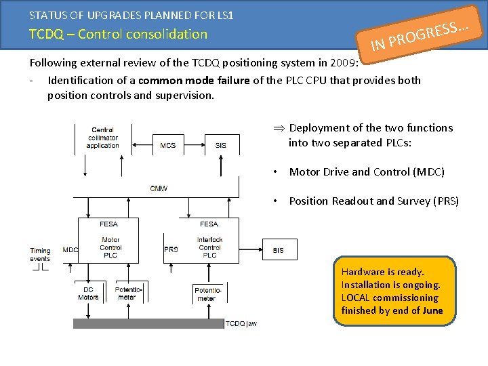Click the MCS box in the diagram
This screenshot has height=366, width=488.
pos(167,145)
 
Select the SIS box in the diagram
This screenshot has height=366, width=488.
pos(220,145)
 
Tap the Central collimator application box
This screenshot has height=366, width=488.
pos(103,138)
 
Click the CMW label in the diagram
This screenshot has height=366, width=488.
pos(159,188)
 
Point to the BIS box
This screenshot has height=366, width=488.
pos(279,250)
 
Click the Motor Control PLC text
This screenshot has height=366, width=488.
pos(110,247)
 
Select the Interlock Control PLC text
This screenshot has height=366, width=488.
pos(209,247)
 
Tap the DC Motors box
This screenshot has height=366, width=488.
pos(88,293)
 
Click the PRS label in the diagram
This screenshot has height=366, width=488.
pos(171,249)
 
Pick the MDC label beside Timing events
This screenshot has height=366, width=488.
pos(70,250)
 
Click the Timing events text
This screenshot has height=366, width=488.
pos(40,255)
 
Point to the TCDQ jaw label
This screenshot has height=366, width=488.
pos(241,324)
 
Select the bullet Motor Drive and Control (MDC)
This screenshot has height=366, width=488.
pos(367,172)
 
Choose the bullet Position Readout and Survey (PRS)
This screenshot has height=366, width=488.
pos(373,201)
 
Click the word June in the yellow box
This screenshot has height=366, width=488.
pos(431,311)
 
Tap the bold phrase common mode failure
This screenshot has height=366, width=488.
pos(194,81)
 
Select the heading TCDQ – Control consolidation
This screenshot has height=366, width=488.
pos(118,34)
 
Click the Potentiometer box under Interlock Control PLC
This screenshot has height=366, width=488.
pos(207,293)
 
